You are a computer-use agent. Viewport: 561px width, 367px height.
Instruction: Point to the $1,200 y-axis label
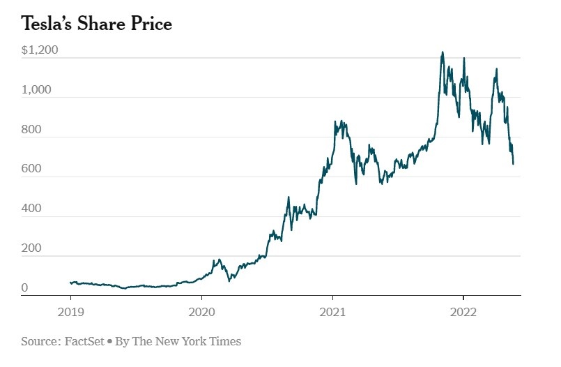(x=40, y=50)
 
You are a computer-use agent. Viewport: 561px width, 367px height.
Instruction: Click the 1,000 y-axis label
(x=36, y=90)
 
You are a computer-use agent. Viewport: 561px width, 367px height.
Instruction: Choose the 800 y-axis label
(x=31, y=130)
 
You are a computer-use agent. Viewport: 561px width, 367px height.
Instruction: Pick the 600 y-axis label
(x=31, y=169)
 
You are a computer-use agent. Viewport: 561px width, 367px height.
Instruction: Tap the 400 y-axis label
(x=31, y=209)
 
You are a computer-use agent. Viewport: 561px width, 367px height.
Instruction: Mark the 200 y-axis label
(x=31, y=248)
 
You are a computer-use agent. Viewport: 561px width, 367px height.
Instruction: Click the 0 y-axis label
(x=24, y=287)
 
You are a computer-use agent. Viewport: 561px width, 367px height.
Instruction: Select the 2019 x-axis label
(x=70, y=312)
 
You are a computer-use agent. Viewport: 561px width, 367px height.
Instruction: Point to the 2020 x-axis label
(x=201, y=312)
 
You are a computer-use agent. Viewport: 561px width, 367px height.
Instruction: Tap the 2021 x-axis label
(x=332, y=312)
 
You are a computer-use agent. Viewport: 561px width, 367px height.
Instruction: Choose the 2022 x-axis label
(x=463, y=312)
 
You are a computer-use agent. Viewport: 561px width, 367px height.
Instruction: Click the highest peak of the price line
(x=443, y=52)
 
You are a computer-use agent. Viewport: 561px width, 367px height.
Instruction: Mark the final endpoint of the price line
(x=514, y=164)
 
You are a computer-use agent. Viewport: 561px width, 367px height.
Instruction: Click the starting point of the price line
(x=70, y=283)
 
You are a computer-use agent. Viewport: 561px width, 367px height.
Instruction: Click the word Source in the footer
(x=38, y=341)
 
